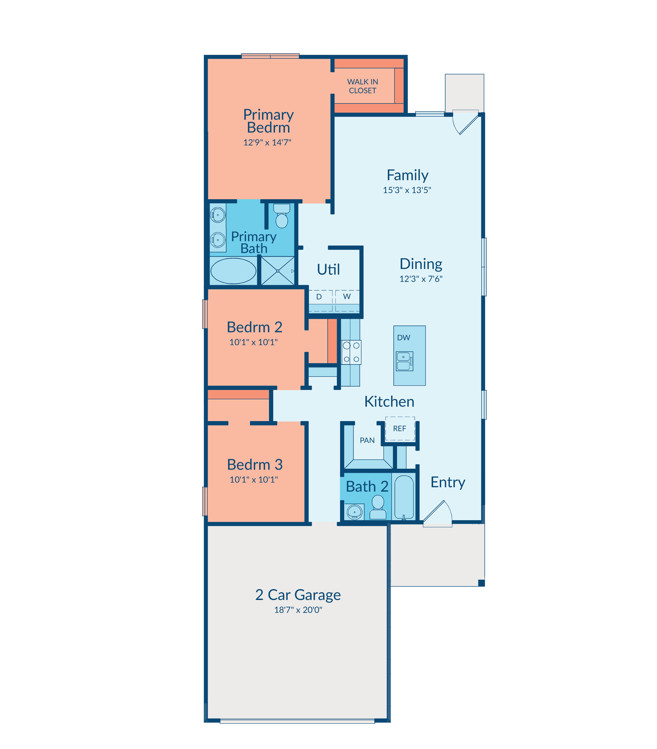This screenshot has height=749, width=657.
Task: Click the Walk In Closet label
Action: pos(362,86)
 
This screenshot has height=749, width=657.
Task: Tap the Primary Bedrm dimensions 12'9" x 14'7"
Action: pos(267,143)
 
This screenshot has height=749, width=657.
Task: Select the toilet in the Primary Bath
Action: pos(282,216)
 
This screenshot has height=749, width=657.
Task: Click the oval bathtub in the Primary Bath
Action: pos(233,271)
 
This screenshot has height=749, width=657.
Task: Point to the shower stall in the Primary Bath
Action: pos(278,271)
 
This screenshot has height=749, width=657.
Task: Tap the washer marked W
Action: pos(347,301)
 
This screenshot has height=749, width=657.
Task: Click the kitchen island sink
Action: pos(405,361)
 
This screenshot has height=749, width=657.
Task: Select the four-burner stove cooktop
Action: pos(351,352)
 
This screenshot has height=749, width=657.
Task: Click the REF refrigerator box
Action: pos(400,429)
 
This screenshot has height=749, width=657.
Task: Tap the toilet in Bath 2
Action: pos(378,507)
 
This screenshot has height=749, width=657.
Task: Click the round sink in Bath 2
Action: pos(355,512)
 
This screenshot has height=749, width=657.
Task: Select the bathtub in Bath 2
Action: pos(404,497)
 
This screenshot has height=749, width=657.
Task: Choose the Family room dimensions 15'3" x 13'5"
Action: pos(407,190)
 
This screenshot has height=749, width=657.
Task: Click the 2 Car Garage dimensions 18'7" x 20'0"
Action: pos(298,610)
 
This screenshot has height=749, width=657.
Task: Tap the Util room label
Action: pos(328,269)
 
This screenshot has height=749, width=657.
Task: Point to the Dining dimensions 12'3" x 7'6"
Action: pos(421,279)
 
